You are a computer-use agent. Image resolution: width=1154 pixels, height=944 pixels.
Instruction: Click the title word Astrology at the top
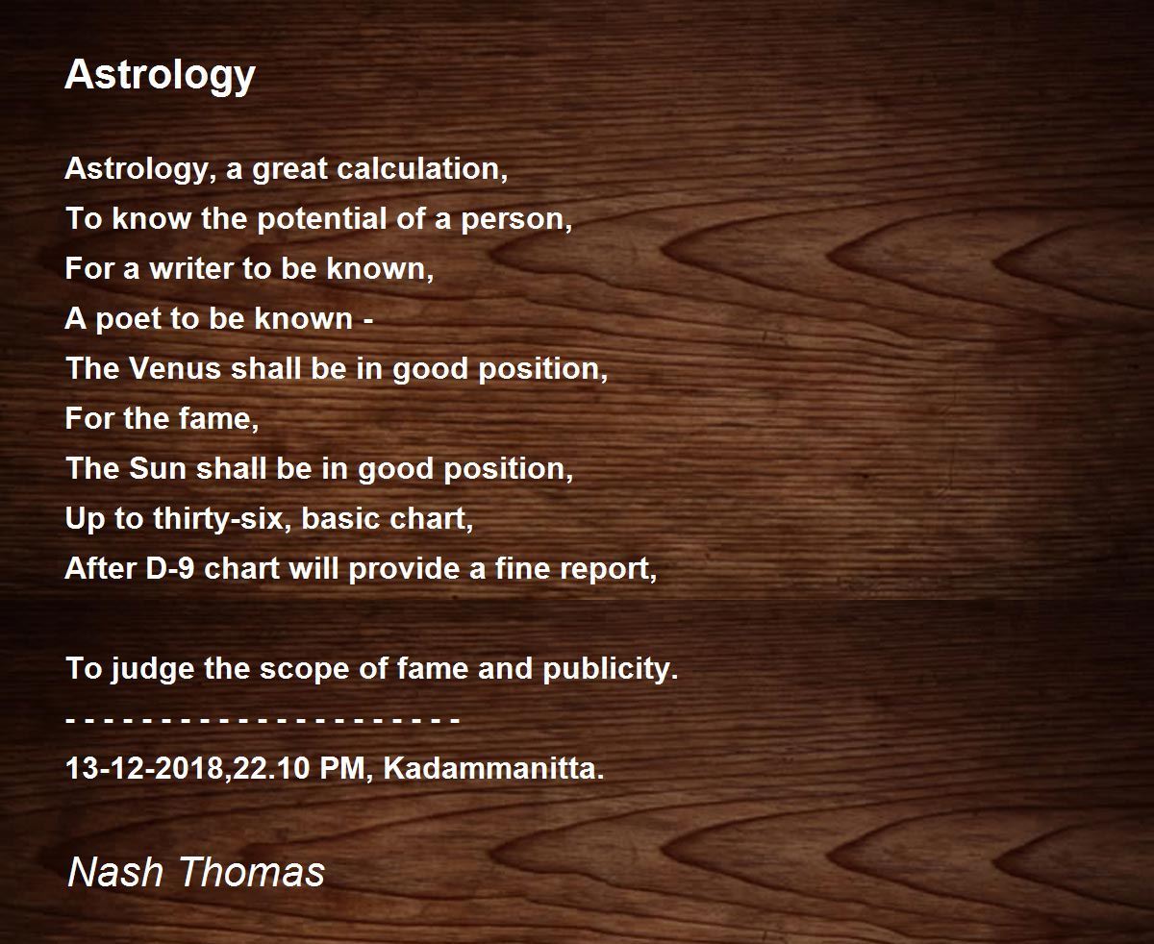click(x=160, y=76)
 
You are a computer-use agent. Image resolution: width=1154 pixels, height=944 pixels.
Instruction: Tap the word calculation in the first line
click(x=422, y=168)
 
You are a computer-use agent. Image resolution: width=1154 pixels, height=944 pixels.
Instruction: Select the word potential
click(x=322, y=220)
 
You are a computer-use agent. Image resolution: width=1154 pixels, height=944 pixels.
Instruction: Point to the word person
click(x=516, y=220)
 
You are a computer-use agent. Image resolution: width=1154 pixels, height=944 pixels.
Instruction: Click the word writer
click(x=191, y=268)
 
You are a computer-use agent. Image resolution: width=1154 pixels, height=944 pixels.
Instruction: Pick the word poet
click(x=128, y=319)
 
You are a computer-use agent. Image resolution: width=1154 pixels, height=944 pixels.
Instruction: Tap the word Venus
click(x=173, y=368)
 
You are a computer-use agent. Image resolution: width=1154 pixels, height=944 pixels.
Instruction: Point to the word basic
click(x=339, y=518)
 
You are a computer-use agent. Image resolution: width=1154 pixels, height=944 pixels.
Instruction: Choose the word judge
click(x=152, y=669)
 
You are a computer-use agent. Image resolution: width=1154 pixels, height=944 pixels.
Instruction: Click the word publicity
click(x=610, y=669)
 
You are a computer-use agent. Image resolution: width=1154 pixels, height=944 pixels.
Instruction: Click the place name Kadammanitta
click(x=493, y=768)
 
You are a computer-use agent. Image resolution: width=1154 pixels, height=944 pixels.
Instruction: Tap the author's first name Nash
click(x=115, y=872)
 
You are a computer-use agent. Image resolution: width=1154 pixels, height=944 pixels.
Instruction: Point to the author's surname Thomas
click(x=252, y=872)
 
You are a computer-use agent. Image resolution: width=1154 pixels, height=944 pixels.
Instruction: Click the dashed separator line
click(x=263, y=720)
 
